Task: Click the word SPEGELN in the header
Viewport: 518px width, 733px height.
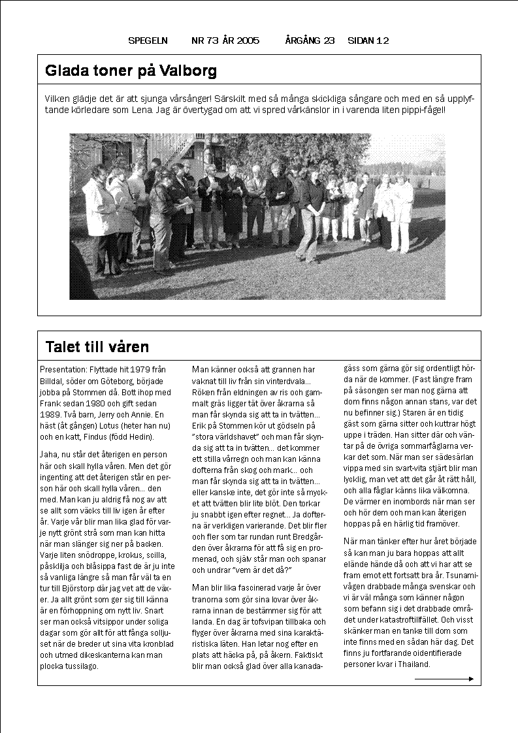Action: click(148, 41)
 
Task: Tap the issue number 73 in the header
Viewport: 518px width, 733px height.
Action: click(211, 41)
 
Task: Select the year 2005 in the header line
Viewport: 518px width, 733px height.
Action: click(248, 41)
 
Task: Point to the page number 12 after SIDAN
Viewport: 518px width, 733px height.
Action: click(383, 41)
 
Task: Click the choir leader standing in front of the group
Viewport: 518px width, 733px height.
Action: click(311, 212)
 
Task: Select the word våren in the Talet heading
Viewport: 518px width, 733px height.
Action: click(131, 347)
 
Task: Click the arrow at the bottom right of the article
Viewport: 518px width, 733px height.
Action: click(444, 679)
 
